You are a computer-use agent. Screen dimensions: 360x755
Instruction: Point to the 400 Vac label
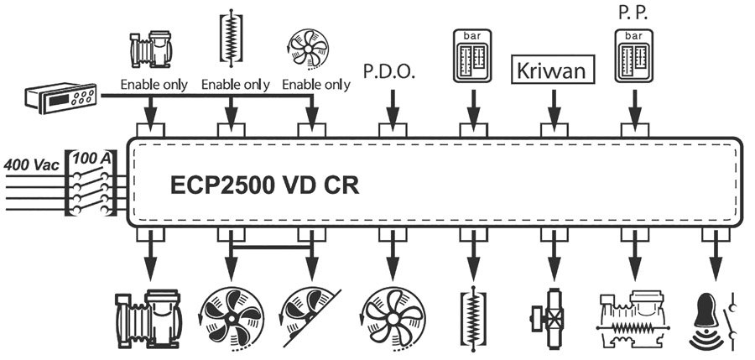pyautogui.click(x=32, y=164)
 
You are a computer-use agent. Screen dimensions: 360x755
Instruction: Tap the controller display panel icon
pyautogui.click(x=61, y=100)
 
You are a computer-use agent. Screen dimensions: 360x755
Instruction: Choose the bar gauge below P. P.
pyautogui.click(x=634, y=56)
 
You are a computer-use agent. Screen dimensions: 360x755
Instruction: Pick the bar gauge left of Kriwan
pyautogui.click(x=471, y=56)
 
